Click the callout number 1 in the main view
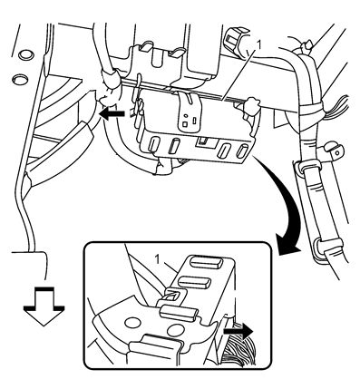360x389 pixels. [x=258, y=45]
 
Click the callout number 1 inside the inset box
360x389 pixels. [x=158, y=259]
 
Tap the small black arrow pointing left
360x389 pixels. [x=112, y=114]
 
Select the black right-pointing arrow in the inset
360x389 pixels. [x=238, y=331]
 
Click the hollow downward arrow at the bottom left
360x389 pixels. [x=44, y=306]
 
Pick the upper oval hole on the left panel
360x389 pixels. [x=26, y=54]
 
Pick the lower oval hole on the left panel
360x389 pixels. [x=20, y=80]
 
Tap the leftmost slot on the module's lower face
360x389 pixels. [x=153, y=144]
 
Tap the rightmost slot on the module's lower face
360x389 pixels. [x=242, y=151]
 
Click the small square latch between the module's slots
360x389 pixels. [x=204, y=141]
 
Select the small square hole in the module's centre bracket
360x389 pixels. [x=185, y=124]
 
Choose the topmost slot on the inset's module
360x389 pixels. [x=207, y=262]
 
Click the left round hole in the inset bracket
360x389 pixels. [x=131, y=323]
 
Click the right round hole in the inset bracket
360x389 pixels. [x=173, y=329]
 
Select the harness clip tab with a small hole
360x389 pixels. [x=334, y=151]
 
